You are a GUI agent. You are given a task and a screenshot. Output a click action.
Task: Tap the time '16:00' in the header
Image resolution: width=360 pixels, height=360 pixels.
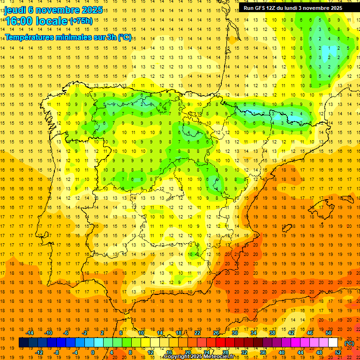click(19, 21)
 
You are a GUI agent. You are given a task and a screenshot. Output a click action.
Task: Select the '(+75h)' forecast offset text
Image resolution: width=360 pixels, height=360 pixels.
click(81, 21)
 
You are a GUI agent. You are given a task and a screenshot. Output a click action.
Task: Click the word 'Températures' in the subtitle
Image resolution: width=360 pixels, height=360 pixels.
click(29, 37)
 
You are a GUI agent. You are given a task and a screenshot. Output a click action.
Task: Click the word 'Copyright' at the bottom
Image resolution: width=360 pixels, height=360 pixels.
click(176, 357)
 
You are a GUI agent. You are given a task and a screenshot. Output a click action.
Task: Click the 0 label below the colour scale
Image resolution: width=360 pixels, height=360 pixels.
click(93, 352)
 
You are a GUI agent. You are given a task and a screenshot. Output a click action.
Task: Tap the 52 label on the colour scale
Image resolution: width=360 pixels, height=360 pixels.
click(338, 352)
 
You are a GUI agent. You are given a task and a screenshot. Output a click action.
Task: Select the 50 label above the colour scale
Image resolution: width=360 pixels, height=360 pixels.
click(329, 333)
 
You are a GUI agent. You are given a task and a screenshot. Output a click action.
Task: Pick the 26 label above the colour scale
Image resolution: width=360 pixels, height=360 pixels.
click(216, 333)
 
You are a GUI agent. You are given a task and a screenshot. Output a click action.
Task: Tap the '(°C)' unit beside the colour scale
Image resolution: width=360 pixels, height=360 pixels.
click(349, 343)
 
